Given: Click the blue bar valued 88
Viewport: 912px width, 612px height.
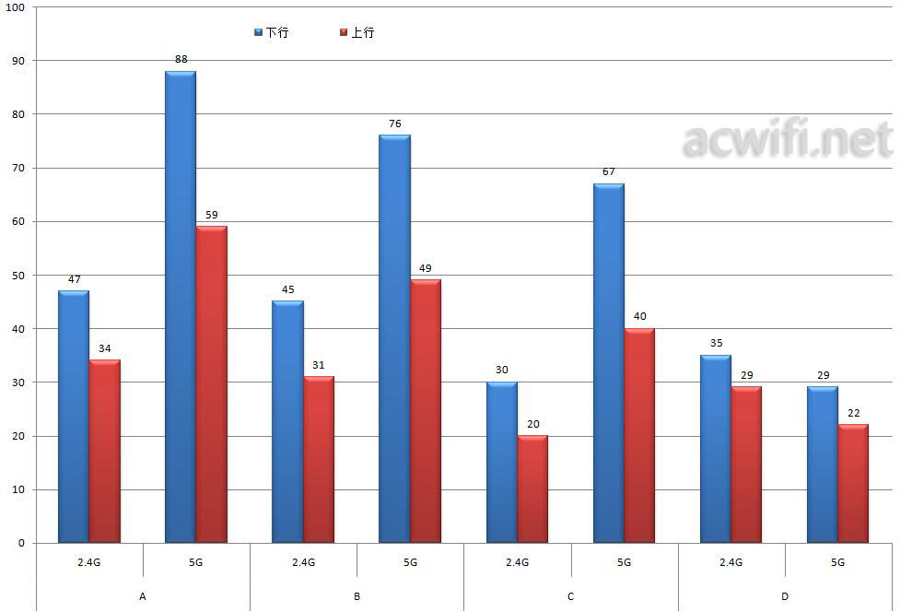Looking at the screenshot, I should click(x=181, y=307).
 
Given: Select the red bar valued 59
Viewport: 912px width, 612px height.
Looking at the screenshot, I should click(x=211, y=384).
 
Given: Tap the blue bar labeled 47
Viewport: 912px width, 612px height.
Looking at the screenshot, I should click(x=74, y=417).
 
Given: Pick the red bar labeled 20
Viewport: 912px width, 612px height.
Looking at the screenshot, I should click(x=532, y=488).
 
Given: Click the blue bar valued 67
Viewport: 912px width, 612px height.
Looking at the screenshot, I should click(x=609, y=363).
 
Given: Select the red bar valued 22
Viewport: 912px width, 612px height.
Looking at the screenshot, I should click(x=853, y=483).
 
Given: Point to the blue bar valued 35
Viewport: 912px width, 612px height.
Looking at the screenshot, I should click(x=716, y=449).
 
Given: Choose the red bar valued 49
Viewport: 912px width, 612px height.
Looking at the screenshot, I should click(x=426, y=411).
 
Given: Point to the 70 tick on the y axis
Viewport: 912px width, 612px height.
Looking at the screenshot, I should click(x=18, y=168).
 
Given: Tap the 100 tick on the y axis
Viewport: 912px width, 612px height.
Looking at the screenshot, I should click(x=16, y=7).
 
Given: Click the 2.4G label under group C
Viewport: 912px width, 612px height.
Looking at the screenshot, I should click(x=517, y=562).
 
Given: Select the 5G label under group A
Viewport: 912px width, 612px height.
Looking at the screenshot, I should click(x=196, y=562).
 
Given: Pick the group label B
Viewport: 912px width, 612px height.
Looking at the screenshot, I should click(x=357, y=596).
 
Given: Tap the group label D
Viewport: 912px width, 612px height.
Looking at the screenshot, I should click(x=785, y=596).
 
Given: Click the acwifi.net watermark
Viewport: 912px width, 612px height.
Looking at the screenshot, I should click(x=788, y=141).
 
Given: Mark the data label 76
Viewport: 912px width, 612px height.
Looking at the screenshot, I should click(x=395, y=124).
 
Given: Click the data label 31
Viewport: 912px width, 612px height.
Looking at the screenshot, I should click(x=319, y=365).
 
